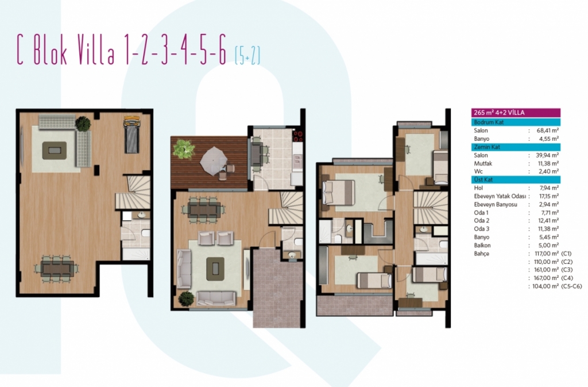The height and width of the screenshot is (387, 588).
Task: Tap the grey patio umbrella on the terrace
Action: tap(214, 160)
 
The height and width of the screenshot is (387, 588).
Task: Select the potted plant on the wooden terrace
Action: tap(184, 149)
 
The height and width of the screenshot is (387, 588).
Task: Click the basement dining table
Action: tap(57, 268)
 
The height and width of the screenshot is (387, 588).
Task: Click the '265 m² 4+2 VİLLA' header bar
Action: tap(516, 113)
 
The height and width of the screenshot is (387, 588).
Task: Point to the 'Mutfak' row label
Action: tap(483, 163)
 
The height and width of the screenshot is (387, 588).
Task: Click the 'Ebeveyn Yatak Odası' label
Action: tap(500, 196)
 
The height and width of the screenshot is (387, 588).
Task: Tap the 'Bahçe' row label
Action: tap(482, 254)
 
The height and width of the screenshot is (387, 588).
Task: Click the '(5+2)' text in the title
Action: tap(247, 55)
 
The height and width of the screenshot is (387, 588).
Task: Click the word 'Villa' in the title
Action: tap(96, 50)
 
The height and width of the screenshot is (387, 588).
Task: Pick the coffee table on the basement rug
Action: tap(55, 151)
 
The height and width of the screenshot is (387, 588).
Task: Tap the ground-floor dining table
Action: tap(204, 209)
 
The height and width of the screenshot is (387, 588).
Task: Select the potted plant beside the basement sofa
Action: tap(83, 124)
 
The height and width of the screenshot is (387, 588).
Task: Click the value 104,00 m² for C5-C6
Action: tap(546, 286)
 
